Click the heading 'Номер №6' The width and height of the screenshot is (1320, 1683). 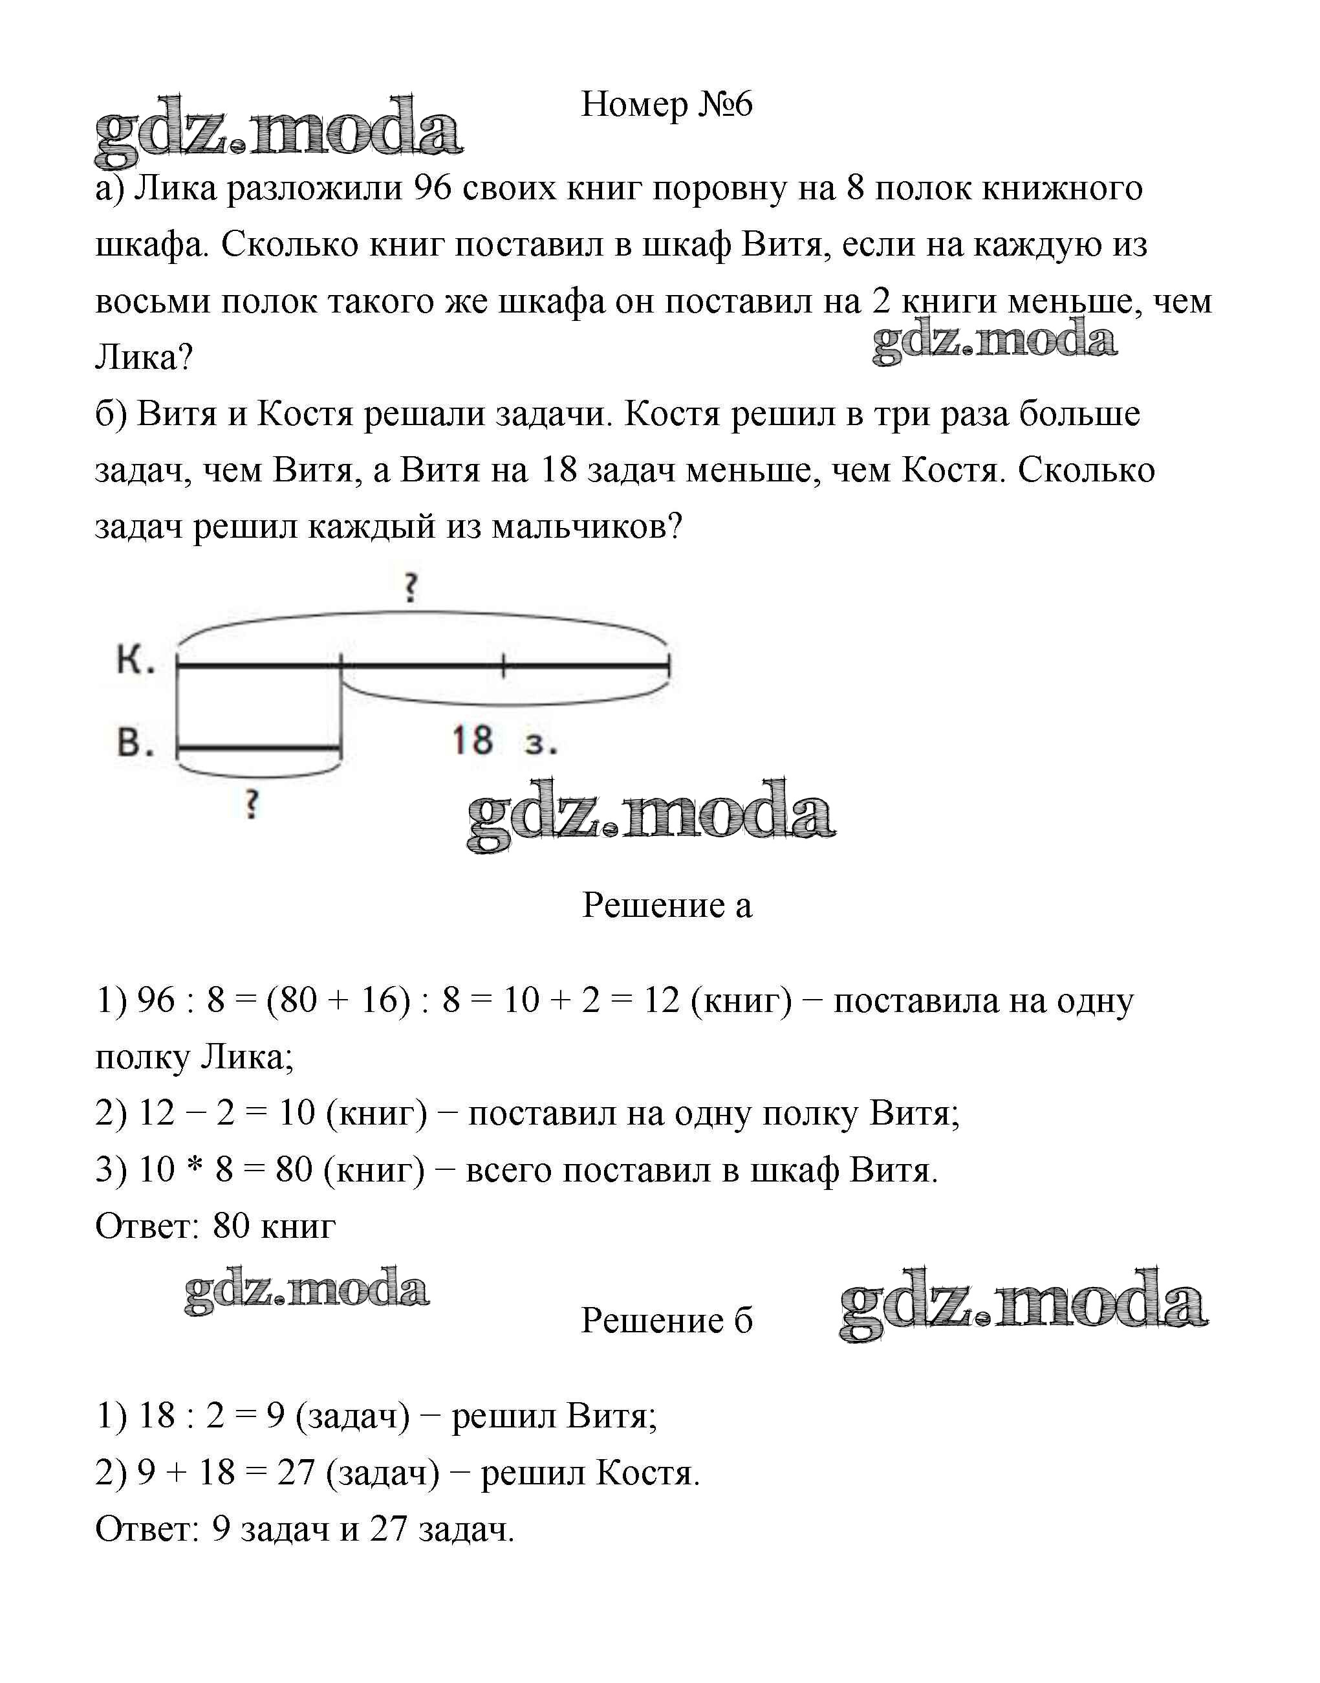666,104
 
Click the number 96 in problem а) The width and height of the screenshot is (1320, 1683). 432,188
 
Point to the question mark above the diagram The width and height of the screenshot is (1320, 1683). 411,588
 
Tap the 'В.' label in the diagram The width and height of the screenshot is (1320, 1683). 136,743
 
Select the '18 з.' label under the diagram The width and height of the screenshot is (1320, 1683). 504,741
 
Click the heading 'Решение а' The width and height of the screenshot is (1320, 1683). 666,905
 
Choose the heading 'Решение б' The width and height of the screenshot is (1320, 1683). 666,1321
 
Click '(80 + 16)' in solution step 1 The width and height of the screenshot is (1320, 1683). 338,1000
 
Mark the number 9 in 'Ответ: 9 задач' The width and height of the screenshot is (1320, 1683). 221,1529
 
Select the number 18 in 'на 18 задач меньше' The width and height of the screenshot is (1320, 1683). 559,470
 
